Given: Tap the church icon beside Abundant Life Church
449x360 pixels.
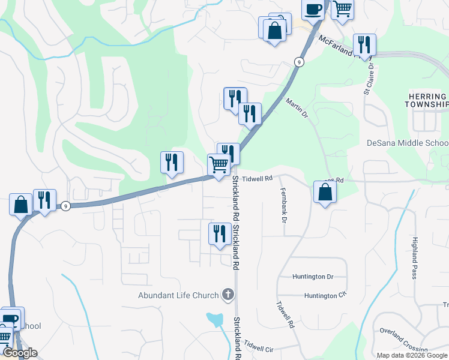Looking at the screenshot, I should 227,295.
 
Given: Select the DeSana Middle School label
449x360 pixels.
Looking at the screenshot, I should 407,143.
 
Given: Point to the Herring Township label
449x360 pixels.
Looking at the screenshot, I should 427,100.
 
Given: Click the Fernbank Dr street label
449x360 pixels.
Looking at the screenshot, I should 283,205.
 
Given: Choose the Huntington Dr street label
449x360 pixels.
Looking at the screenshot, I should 313,277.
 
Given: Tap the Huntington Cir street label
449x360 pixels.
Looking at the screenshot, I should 325,296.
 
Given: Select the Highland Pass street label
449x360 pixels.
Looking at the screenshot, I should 414,258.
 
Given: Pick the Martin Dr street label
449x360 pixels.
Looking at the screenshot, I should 296,109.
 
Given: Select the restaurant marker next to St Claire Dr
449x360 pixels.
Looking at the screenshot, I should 364,44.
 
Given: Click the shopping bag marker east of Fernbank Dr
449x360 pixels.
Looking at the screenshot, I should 325,192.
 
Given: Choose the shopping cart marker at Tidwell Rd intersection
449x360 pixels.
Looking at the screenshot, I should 219,164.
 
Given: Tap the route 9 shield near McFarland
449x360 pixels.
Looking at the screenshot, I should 298,62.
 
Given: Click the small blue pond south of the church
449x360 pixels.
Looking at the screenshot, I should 215,320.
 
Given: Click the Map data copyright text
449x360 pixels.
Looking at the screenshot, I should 412,355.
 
